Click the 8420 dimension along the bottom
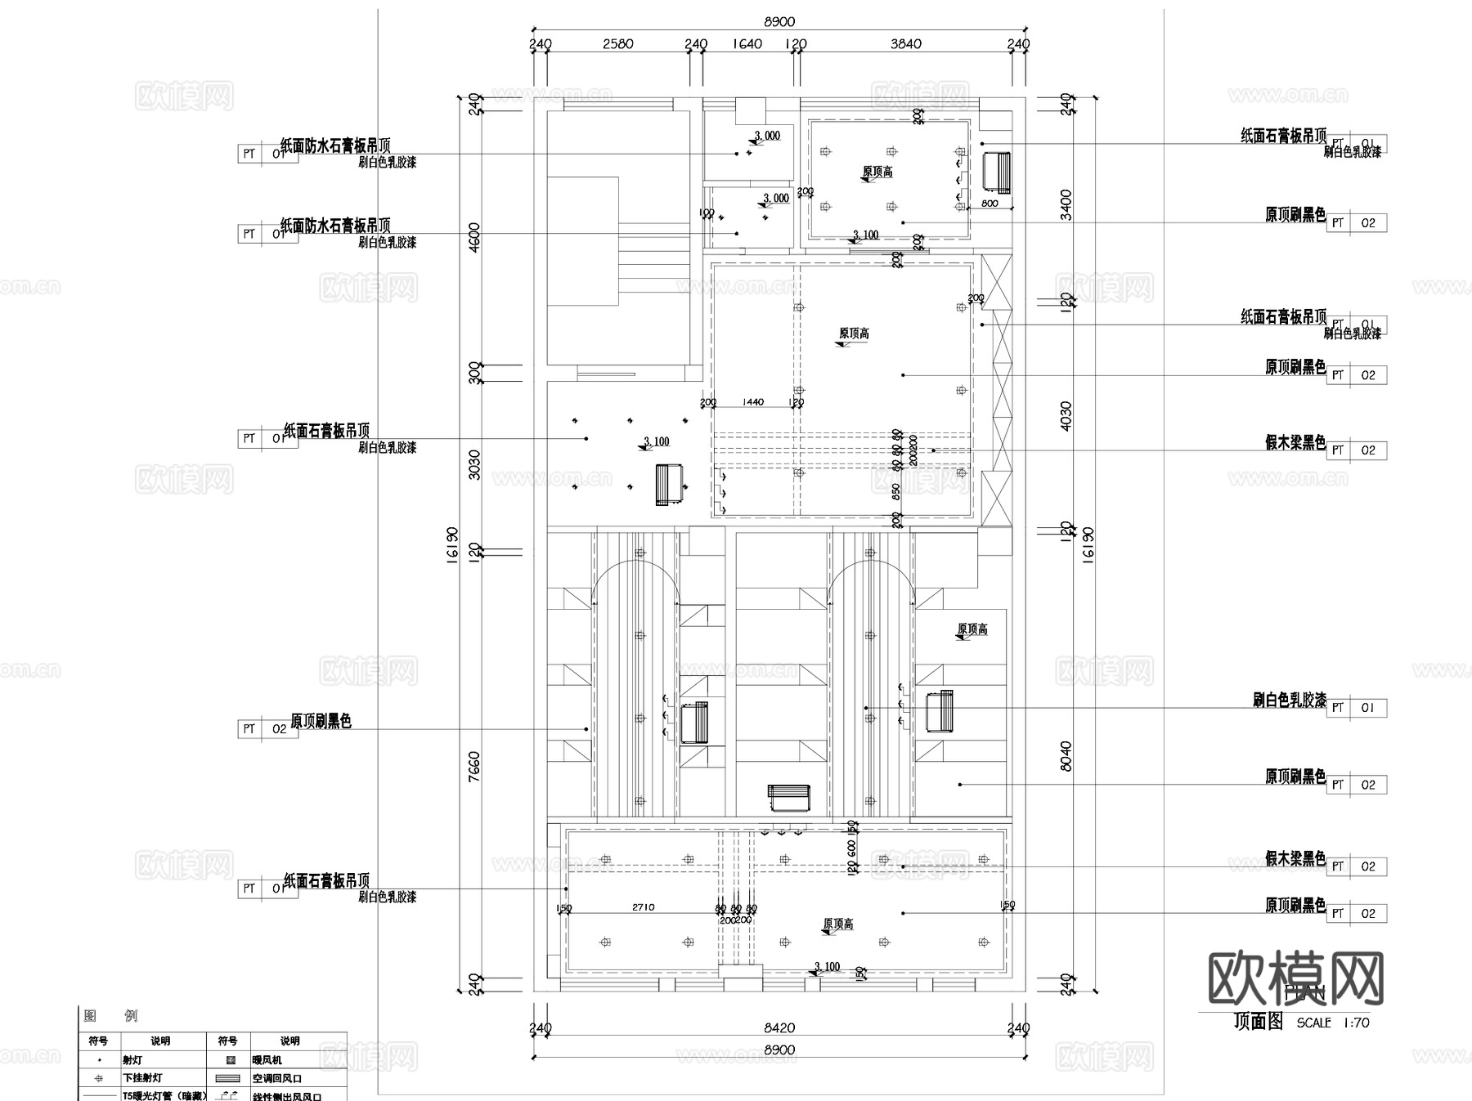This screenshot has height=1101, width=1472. click(779, 1027)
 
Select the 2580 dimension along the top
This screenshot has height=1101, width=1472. click(617, 44)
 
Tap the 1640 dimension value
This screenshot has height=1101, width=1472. click(746, 44)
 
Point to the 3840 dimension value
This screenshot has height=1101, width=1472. click(905, 44)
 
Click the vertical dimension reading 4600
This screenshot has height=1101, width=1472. click(474, 237)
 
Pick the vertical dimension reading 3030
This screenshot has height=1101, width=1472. click(474, 463)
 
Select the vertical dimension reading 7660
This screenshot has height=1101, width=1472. click(474, 767)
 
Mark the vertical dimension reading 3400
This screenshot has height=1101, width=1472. click(1065, 204)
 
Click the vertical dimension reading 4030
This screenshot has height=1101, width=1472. click(1065, 415)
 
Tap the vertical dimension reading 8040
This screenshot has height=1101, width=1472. click(1065, 756)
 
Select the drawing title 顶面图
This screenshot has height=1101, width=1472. click(1258, 1022)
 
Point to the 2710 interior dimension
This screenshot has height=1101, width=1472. click(643, 907)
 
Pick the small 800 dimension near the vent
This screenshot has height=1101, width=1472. click(989, 204)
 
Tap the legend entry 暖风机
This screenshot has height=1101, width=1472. click(267, 1059)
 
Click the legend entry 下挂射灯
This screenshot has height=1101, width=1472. click(142, 1078)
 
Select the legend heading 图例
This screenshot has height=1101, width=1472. click(110, 1016)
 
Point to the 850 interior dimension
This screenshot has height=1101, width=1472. click(897, 491)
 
